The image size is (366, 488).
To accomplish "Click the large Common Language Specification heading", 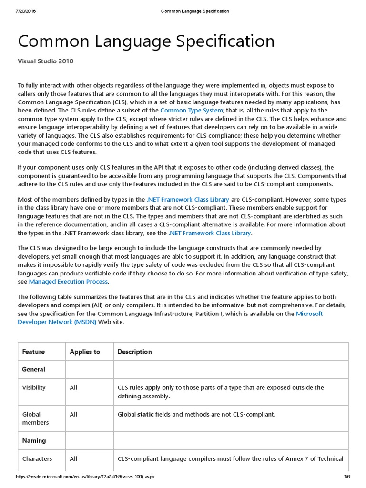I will [146, 41].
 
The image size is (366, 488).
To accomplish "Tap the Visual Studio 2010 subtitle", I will [46, 61].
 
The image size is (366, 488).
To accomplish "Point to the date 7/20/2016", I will [26, 11].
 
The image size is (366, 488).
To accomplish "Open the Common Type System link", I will [191, 110].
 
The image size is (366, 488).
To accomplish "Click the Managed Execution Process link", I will [68, 282].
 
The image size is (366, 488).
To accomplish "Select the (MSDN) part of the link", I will [85, 322].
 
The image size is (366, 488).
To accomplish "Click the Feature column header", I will [33, 352].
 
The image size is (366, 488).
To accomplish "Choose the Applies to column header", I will [85, 352].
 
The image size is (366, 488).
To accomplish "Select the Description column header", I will [135, 352].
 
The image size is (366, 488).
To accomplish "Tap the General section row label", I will [34, 369].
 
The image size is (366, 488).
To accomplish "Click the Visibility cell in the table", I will [34, 387].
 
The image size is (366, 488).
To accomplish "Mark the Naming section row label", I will [34, 441].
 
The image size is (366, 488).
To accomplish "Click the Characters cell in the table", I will [37, 458].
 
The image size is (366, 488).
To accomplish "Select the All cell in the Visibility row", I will [73, 387].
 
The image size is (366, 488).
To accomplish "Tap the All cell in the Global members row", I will [73, 414].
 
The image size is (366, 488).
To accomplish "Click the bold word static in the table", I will [145, 414].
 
